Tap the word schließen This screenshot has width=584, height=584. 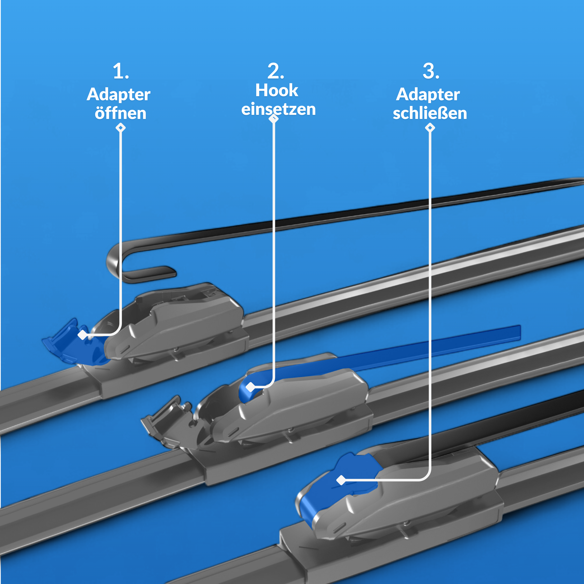(x=430, y=113)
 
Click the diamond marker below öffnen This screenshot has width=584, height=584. (x=121, y=128)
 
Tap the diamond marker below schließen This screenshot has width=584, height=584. (x=430, y=128)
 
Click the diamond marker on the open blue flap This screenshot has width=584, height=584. (x=82, y=335)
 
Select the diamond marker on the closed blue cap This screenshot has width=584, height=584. (x=341, y=480)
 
